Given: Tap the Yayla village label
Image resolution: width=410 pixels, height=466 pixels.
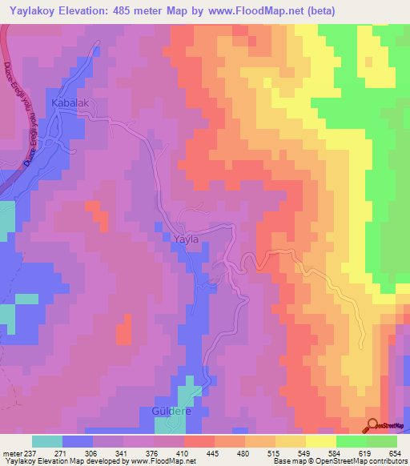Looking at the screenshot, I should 185,238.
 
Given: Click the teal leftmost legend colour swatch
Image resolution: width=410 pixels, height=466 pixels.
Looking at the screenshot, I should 47,441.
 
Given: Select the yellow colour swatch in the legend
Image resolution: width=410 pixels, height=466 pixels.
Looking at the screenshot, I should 321,441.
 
